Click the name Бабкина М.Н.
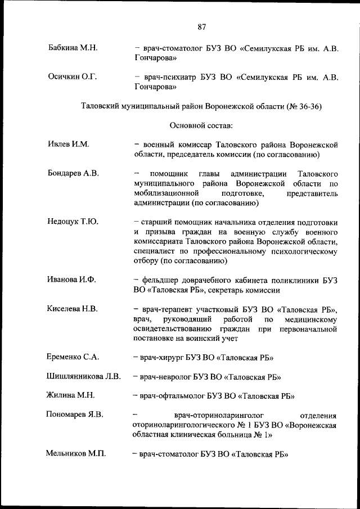[x=73, y=48]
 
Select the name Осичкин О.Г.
[x=73, y=77]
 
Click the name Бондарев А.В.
[x=74, y=173]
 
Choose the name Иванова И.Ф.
[x=72, y=280]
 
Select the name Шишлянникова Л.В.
[x=83, y=376]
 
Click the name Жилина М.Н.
[x=70, y=395]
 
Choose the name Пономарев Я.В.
[x=75, y=415]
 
